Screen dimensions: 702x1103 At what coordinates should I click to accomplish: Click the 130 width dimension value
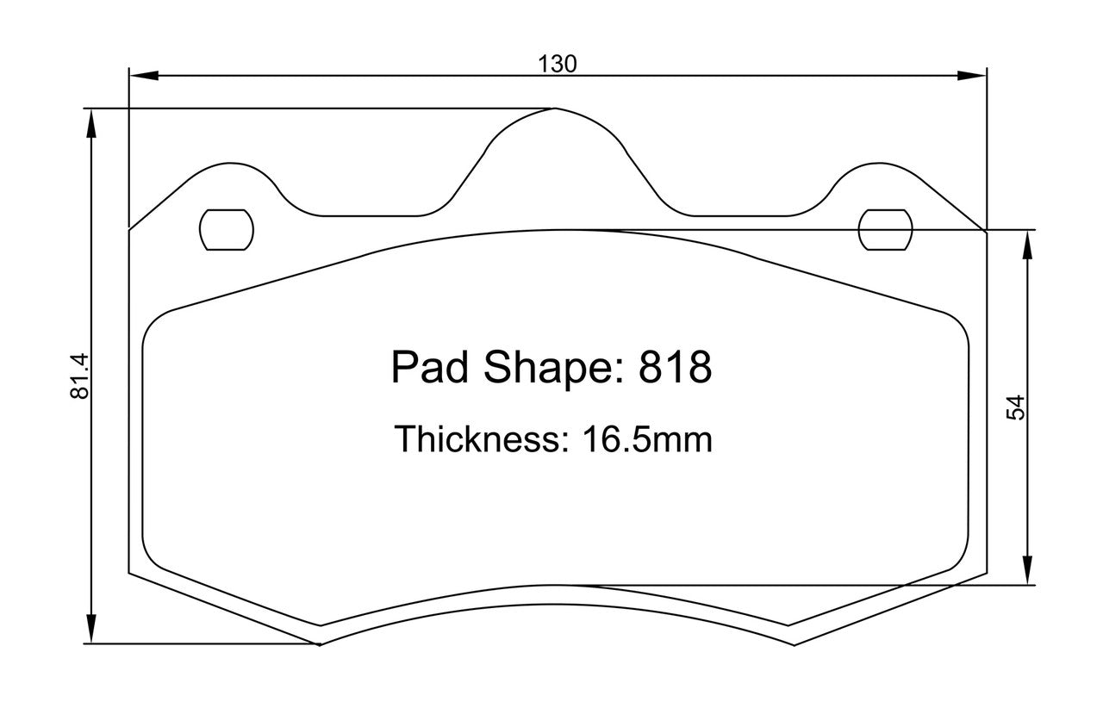557,64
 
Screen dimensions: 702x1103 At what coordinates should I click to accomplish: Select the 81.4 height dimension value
80,376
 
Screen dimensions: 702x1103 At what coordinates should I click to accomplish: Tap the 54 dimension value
1017,407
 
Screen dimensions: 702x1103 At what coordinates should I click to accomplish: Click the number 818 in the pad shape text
675,368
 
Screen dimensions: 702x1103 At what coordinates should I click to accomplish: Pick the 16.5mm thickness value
647,439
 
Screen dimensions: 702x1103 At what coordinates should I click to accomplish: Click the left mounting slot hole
227,229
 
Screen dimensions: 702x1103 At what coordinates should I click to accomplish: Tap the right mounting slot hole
886,229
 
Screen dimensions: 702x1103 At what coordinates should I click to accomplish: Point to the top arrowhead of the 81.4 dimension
90,121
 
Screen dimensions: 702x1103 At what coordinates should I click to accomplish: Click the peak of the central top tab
556,109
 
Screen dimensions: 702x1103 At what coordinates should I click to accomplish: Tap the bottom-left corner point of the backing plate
320,643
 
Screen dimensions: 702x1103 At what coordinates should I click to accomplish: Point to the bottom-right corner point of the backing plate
793,643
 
